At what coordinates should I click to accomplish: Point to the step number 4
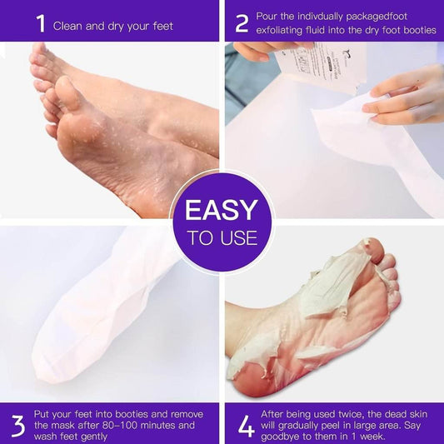(246, 424)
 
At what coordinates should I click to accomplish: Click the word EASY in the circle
(222, 210)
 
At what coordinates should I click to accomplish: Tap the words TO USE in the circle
(222, 238)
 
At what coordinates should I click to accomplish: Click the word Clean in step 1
(70, 26)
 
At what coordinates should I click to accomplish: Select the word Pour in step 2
(272, 17)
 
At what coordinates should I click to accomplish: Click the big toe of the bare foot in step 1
(40, 55)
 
